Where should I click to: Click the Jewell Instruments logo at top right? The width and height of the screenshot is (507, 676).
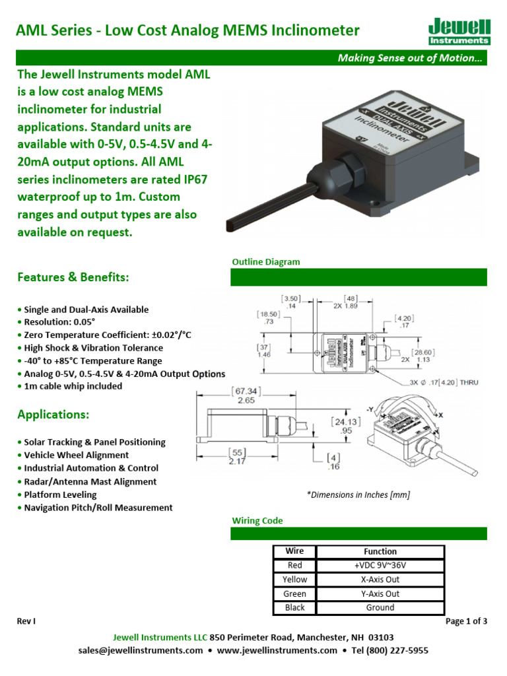[459, 31]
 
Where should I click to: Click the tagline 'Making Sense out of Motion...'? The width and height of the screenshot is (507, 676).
[410, 58]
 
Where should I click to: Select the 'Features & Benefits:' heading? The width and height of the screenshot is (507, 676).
[73, 277]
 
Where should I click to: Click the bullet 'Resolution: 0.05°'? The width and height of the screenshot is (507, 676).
[59, 322]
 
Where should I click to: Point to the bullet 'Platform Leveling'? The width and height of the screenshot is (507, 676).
[59, 494]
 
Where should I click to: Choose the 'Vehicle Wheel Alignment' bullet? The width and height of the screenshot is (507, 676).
[76, 455]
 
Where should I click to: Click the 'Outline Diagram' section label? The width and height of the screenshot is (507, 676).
[265, 262]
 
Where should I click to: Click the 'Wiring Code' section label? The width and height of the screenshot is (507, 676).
[257, 521]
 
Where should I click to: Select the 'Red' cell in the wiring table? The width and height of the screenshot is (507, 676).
[294, 565]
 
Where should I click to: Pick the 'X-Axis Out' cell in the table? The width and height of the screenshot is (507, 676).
[380, 580]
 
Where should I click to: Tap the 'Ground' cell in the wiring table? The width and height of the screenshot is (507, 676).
[380, 607]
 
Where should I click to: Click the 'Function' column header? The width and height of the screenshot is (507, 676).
[380, 551]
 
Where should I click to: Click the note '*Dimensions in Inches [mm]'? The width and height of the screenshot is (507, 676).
[358, 495]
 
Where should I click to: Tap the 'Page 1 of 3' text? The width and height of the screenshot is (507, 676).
[466, 621]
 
